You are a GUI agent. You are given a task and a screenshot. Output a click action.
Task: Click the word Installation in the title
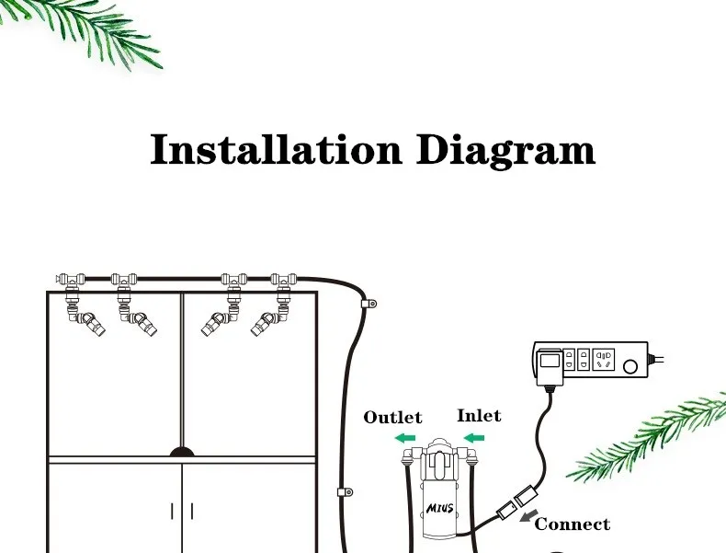[x=276, y=150]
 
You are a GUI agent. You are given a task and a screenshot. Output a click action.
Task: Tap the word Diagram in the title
[x=505, y=150]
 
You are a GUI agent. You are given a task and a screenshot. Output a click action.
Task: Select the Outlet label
[x=392, y=418]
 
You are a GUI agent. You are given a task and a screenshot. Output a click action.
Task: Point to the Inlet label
[x=479, y=416]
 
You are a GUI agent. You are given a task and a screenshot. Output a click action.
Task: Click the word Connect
[x=572, y=524]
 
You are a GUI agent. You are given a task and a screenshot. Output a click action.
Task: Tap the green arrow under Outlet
[x=405, y=438]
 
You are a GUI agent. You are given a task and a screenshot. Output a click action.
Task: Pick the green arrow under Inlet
[x=473, y=438]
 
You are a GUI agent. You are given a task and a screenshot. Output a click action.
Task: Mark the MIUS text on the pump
[x=438, y=507]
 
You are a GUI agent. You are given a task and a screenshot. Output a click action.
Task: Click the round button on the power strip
[x=630, y=366]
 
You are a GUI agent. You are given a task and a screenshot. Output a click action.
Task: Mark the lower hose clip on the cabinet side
[x=344, y=492]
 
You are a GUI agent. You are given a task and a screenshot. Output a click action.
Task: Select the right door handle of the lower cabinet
[x=192, y=511]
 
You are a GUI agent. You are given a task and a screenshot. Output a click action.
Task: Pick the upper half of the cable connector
[x=527, y=495]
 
